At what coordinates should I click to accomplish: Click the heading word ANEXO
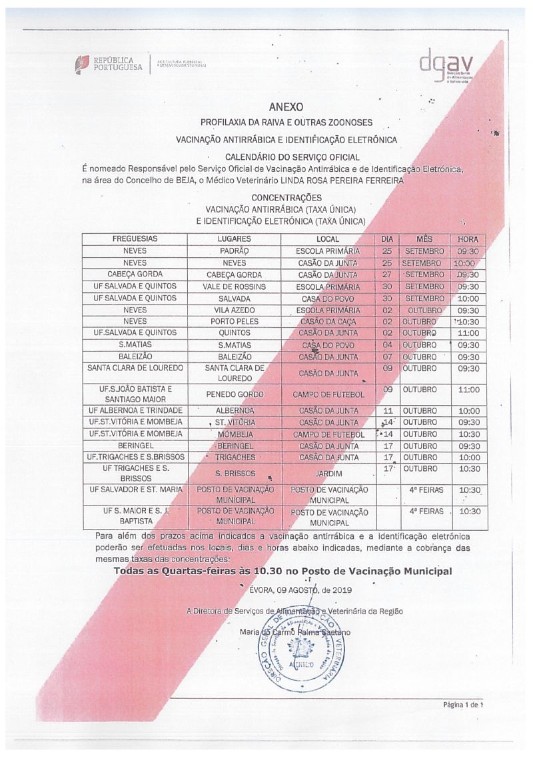[x=286, y=107]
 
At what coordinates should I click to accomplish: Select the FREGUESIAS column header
[x=135, y=239]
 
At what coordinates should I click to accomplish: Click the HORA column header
[x=468, y=239]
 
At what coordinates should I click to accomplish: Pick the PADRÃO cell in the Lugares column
[x=234, y=251]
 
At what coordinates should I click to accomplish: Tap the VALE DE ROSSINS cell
[x=234, y=286]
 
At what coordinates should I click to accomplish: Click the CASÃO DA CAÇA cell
[x=328, y=322]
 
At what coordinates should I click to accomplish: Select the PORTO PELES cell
[x=234, y=322]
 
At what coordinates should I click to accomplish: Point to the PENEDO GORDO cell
[x=234, y=394]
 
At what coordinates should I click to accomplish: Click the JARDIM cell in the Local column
[x=328, y=474]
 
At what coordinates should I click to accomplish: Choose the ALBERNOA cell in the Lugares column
[x=234, y=411]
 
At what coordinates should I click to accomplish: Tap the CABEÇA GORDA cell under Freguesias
[x=135, y=274]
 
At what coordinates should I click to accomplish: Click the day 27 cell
[x=387, y=274]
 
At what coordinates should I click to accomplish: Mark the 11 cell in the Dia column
[x=387, y=411]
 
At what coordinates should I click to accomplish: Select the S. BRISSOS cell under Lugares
[x=234, y=474]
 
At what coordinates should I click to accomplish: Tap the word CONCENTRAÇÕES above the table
[x=286, y=198]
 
